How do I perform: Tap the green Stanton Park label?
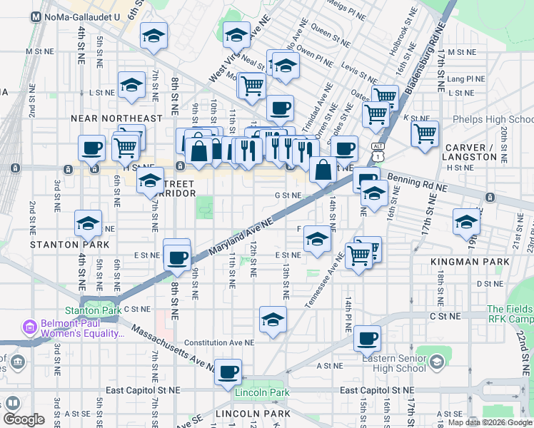pyautogui.click(x=86, y=310)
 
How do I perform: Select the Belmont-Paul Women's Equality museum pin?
pyautogui.click(x=30, y=328)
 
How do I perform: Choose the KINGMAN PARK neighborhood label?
pyautogui.click(x=470, y=262)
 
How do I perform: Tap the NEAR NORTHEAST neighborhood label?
pyautogui.click(x=116, y=118)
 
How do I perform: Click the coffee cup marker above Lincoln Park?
pyautogui.click(x=228, y=372)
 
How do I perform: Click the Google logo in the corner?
pyautogui.click(x=24, y=419)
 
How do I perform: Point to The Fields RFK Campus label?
pyautogui.click(x=510, y=315)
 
